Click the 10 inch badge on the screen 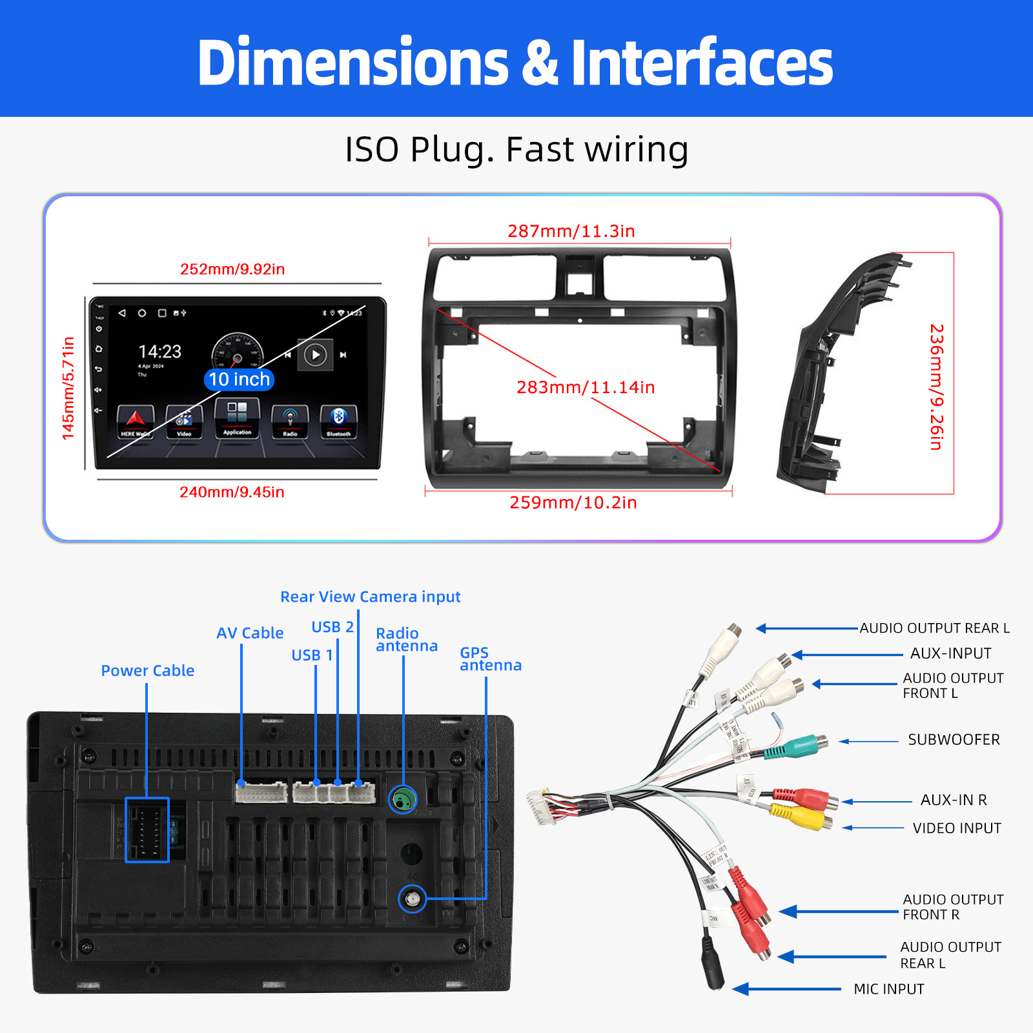pyautogui.click(x=239, y=380)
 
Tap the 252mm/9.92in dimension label pyautogui.click(x=232, y=269)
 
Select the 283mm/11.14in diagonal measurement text pyautogui.click(x=586, y=387)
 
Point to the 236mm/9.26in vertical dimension pyautogui.click(x=936, y=387)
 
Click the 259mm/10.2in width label pyautogui.click(x=573, y=503)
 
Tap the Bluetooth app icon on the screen pyautogui.click(x=338, y=420)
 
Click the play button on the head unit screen pyautogui.click(x=315, y=355)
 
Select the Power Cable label pyautogui.click(x=147, y=671)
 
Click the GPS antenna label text pyautogui.click(x=490, y=659)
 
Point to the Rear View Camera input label pyautogui.click(x=370, y=597)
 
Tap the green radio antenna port pyautogui.click(x=403, y=801)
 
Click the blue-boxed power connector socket pyautogui.click(x=147, y=830)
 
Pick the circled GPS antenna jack pyautogui.click(x=412, y=899)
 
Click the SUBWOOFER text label pyautogui.click(x=954, y=740)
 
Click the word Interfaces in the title pyautogui.click(x=702, y=63)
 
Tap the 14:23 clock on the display pyautogui.click(x=160, y=352)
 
